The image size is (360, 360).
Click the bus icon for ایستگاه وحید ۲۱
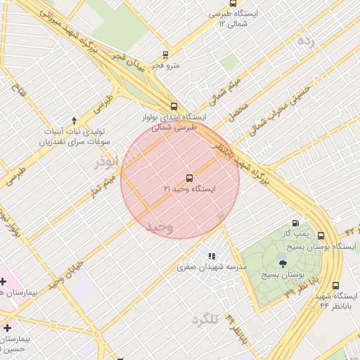pos(189,179)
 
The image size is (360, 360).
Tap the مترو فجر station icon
pos(166,54)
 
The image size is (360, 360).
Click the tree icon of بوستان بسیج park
pos(283,264)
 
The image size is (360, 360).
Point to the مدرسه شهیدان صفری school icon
pos(211,256)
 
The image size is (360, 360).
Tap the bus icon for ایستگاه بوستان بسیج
pos(321,236)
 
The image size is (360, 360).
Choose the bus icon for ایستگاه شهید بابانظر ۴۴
pos(335,286)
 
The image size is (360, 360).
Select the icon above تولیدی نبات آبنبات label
pos(74,120)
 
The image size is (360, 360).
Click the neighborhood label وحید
pos(160,226)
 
